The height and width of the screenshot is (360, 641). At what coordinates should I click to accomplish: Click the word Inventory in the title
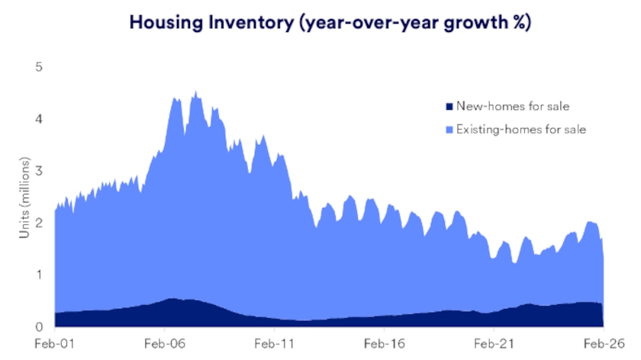pyautogui.click(x=248, y=22)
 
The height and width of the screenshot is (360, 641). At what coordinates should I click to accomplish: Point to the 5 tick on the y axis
pyautogui.click(x=38, y=67)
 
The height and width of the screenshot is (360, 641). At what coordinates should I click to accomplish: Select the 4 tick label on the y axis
pyautogui.click(x=38, y=119)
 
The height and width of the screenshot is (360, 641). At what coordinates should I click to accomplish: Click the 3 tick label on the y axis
pyautogui.click(x=38, y=171)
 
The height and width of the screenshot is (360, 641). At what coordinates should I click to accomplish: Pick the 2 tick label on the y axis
pyautogui.click(x=38, y=223)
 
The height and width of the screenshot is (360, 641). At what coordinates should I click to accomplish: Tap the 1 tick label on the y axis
pyautogui.click(x=38, y=275)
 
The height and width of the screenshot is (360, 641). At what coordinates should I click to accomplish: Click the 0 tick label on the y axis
pyautogui.click(x=38, y=326)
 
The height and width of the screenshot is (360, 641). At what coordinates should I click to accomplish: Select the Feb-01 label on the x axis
pyautogui.click(x=55, y=343)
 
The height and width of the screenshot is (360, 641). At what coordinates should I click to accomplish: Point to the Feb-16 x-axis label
pyautogui.click(x=384, y=343)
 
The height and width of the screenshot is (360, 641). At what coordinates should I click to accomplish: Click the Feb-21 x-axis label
pyautogui.click(x=494, y=343)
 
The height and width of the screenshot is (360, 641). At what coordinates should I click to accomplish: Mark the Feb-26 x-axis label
pyautogui.click(x=604, y=343)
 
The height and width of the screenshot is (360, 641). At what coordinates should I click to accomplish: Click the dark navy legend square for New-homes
pyautogui.click(x=449, y=106)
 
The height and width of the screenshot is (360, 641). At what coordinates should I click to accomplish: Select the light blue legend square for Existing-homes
pyautogui.click(x=449, y=129)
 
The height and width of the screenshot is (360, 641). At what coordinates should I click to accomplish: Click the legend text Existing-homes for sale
pyautogui.click(x=521, y=129)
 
